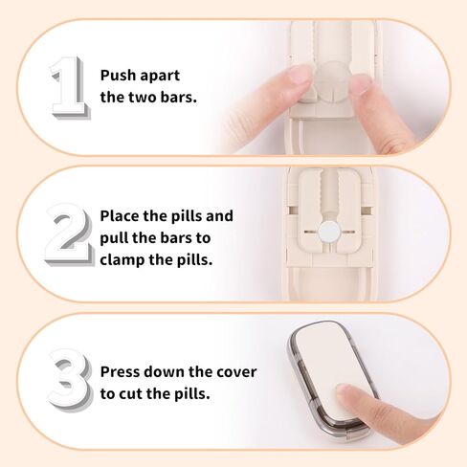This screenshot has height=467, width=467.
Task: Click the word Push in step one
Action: click(x=120, y=75)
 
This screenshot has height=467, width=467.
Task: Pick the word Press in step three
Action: click(x=122, y=371)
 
